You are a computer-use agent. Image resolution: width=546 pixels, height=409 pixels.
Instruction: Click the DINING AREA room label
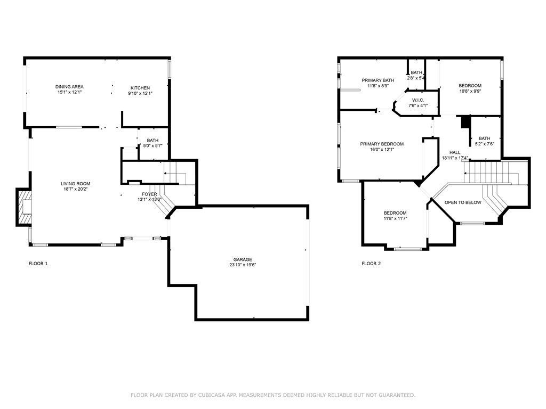pyautogui.click(x=69, y=87)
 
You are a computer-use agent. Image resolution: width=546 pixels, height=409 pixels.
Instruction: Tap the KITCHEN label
pyautogui.click(x=140, y=88)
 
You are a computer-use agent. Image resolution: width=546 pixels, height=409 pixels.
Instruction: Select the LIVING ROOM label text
pyautogui.click(x=76, y=184)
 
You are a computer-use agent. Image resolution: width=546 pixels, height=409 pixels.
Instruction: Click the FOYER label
pyautogui.click(x=149, y=194)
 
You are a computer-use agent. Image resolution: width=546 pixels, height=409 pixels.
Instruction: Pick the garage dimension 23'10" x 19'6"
pyautogui.click(x=243, y=265)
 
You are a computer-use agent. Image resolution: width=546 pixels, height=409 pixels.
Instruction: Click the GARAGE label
pyautogui.click(x=243, y=259)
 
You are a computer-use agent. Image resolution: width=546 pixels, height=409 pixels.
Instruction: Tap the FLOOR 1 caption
pyautogui.click(x=38, y=264)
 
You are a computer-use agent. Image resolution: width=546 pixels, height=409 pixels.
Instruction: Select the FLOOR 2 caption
pyautogui.click(x=371, y=264)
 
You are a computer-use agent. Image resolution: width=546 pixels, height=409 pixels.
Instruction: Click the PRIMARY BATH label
pyautogui.click(x=378, y=80)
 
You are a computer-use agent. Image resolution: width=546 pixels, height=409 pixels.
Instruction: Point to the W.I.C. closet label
pyautogui.click(x=418, y=100)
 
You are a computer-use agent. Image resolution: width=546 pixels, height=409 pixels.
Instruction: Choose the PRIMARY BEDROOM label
pyautogui.click(x=382, y=144)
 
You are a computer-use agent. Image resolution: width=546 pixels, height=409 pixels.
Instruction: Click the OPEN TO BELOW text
pyautogui.click(x=463, y=202)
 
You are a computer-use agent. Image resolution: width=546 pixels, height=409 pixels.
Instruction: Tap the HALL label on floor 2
pyautogui.click(x=455, y=152)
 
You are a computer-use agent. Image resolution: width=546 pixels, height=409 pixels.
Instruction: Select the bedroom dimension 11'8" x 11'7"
pyautogui.click(x=395, y=219)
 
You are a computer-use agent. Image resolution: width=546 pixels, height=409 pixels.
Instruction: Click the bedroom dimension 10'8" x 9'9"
pyautogui.click(x=470, y=92)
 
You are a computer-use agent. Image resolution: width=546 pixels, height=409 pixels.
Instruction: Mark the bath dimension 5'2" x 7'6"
pyautogui.click(x=485, y=144)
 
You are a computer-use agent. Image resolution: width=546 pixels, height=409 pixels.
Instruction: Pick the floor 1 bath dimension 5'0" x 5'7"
pyautogui.click(x=153, y=146)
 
